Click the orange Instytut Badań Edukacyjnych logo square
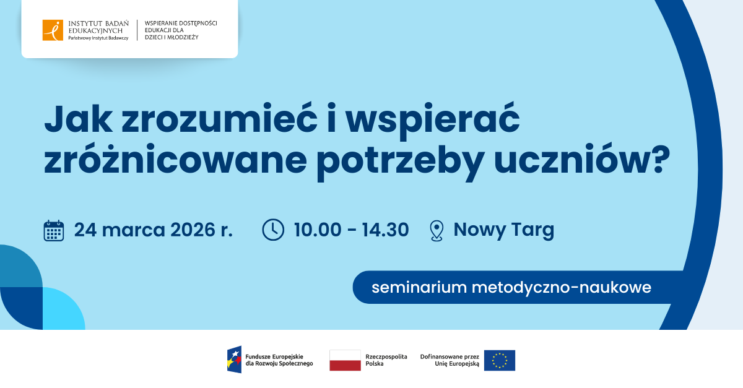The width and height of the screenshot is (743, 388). click(53, 30)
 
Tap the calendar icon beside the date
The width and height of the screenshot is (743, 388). click(54, 230)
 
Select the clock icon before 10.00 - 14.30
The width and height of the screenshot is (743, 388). click(273, 230)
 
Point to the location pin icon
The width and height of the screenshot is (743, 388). click(437, 230)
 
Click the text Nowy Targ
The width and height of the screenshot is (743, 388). click(503, 230)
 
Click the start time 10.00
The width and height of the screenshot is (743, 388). click(317, 230)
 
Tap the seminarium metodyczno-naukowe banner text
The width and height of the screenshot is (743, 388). click(511, 288)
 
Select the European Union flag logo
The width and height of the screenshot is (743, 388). click(500, 360)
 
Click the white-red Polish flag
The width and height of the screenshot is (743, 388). click(345, 360)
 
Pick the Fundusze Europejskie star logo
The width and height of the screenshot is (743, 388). click(234, 360)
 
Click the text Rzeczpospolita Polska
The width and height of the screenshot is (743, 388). click(386, 360)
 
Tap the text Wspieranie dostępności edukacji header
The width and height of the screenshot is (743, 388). click(180, 30)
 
